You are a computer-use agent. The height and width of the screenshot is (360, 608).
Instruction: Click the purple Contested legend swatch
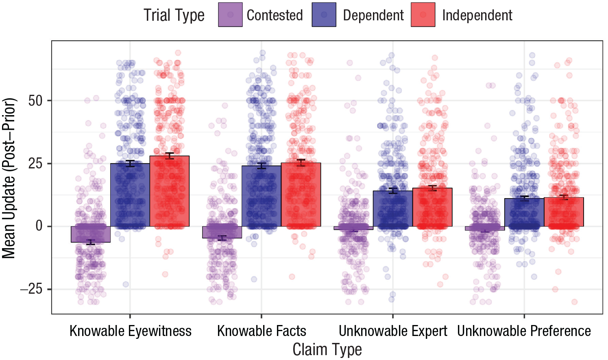pos(230,15)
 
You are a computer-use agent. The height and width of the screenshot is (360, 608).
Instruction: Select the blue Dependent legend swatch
pos(324,15)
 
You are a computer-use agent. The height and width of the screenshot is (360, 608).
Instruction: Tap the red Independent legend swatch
pos(423,15)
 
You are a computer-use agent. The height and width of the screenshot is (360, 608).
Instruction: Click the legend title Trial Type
pos(174,15)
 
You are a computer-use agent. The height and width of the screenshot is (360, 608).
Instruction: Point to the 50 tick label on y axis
pos(35,101)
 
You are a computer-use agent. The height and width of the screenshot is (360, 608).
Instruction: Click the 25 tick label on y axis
pos(35,164)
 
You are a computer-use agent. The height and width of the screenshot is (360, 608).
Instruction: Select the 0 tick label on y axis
pos(39,227)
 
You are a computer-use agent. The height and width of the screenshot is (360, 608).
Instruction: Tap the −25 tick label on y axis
pos(31,289)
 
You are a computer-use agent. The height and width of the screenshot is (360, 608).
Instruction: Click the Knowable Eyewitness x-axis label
pos(131,331)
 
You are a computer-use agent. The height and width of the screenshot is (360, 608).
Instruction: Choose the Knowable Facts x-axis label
pos(262,331)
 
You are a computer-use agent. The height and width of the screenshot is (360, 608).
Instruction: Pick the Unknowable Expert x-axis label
pos(393,331)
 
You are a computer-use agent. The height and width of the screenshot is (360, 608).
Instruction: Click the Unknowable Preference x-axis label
pos(524,331)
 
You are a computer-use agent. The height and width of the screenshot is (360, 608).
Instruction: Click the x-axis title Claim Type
pos(327,349)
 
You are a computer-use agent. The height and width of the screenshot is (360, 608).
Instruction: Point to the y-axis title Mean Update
pos(9,178)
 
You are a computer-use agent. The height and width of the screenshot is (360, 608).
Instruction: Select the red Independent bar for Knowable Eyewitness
pos(169,191)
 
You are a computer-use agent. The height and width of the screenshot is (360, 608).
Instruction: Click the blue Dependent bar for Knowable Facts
pos(262,196)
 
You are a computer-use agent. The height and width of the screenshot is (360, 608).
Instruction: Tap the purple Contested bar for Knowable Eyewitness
pos(91,234)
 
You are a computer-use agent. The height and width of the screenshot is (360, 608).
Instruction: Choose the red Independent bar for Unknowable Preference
pos(564,212)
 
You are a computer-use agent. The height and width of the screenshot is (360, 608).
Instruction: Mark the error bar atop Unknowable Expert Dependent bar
pos(393,191)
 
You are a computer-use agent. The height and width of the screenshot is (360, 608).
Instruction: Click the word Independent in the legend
pos(477,15)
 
